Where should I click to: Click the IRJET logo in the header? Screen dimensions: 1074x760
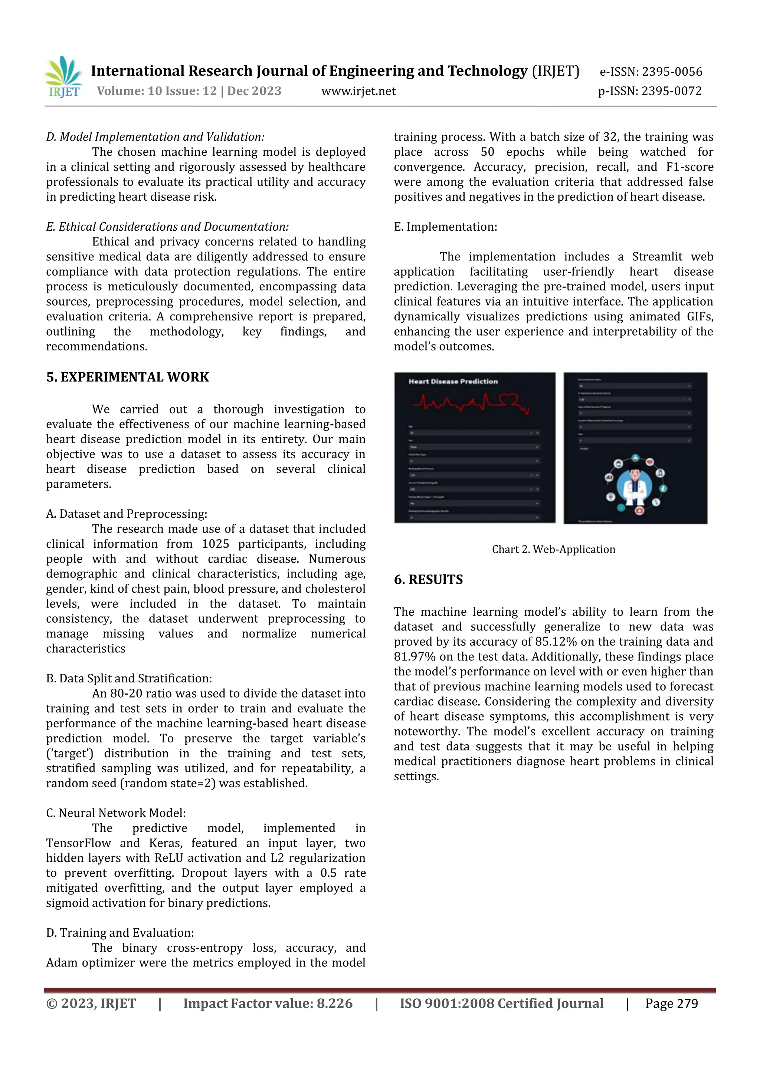[x=64, y=77]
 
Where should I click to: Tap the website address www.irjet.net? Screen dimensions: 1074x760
[x=358, y=91]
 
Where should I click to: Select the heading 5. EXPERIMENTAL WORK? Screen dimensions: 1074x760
[x=127, y=377]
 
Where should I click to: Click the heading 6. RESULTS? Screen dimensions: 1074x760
[x=428, y=580]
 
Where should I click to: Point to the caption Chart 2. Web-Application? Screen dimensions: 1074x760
[x=553, y=549]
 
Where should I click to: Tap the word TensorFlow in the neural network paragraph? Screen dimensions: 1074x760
[x=78, y=843]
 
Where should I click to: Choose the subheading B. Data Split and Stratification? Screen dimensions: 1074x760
[x=129, y=678]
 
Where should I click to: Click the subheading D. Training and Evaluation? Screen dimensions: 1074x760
[x=120, y=933]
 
